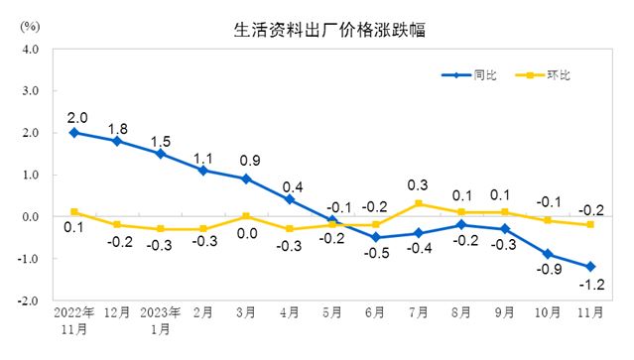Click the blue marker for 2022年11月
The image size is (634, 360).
click(74, 132)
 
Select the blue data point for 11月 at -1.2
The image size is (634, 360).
click(591, 267)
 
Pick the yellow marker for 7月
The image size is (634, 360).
click(419, 203)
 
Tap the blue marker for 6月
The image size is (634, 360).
click(376, 238)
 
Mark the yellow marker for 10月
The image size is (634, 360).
click(549, 220)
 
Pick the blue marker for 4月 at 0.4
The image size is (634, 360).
click(290, 199)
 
